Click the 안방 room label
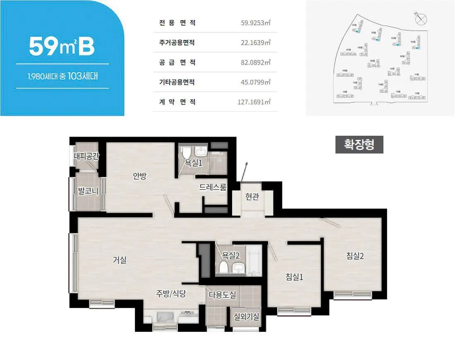coord(139,176)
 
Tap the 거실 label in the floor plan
coord(120,260)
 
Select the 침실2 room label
coord(355,256)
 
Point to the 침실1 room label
coord(295,277)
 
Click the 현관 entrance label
coord(252,197)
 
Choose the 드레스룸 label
coord(213,187)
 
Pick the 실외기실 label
coord(247,317)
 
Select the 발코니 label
coord(88,191)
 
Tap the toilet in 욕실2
coord(223,267)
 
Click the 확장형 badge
coord(359,144)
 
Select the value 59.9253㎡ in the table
coord(256,23)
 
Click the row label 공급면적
coord(177,62)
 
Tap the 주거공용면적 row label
coord(177,43)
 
